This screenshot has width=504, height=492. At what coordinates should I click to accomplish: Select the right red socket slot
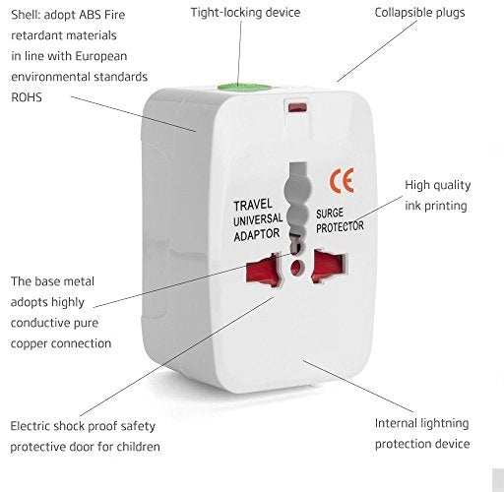330,264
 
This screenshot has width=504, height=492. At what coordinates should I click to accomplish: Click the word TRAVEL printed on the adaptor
252,205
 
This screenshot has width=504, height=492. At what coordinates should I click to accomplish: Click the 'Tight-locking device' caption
247,13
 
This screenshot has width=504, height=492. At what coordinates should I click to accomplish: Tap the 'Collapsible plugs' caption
419,13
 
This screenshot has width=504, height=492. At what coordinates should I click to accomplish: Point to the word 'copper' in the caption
31,343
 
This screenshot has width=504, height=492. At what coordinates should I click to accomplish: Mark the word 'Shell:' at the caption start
29,13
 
